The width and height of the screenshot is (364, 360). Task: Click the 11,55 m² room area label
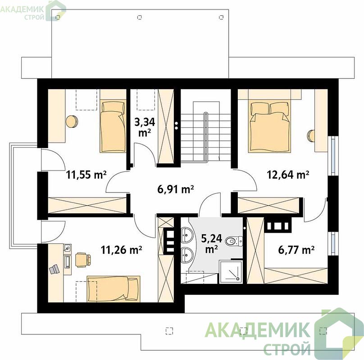[x=86, y=175]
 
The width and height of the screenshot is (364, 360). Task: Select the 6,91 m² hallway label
[x=176, y=189]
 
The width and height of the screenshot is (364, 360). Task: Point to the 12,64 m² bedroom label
[x=287, y=175]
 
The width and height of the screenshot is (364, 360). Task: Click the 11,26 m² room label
[x=122, y=250]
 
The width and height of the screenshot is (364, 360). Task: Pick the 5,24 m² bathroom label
[x=211, y=243]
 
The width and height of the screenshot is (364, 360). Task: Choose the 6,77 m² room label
[x=296, y=250]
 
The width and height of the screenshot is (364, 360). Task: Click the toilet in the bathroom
[x=234, y=241]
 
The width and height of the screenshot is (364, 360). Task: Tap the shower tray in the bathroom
[x=231, y=272]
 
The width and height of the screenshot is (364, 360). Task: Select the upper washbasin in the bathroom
[x=187, y=235]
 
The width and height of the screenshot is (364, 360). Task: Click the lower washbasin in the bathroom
[x=187, y=255]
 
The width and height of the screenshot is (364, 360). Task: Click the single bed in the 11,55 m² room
[x=113, y=126]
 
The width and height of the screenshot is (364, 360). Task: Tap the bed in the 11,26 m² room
[x=114, y=289]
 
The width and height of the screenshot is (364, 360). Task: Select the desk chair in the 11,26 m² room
[x=82, y=260]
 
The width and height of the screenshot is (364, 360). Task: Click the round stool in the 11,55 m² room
[x=72, y=121]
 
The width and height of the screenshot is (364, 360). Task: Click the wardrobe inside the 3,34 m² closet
[x=165, y=126]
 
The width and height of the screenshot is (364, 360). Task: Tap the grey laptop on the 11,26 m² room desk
[x=55, y=269]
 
